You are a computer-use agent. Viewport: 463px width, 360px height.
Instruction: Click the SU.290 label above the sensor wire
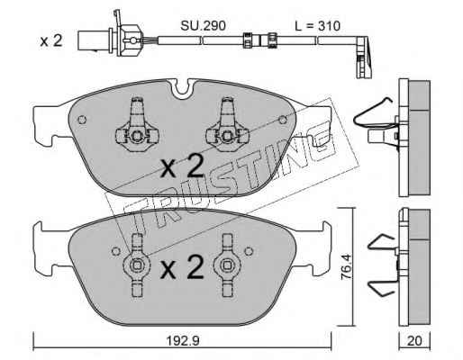pos(203,26)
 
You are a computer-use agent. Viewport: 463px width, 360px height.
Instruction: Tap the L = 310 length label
pos(317,26)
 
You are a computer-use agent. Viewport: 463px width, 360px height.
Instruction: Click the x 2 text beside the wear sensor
pos(51,40)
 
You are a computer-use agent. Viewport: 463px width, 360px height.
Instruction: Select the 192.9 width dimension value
pos(183,341)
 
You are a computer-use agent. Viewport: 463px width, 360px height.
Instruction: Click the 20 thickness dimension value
pos(414,341)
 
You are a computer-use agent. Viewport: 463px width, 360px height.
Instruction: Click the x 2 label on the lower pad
pos(182,266)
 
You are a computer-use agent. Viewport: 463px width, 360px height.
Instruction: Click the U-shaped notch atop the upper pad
pos(181,89)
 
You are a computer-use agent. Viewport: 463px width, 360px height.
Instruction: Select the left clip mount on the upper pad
pos(137,125)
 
